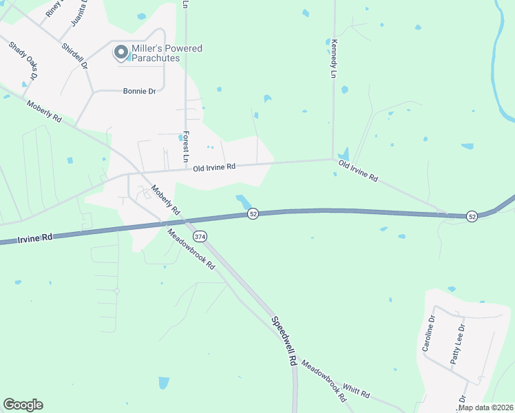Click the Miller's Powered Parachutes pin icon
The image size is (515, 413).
(x=121, y=52)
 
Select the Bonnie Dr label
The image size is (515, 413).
(x=139, y=91)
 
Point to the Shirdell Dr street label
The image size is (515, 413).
(x=74, y=56)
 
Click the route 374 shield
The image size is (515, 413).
(x=200, y=236)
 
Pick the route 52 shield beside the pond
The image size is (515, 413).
(x=253, y=214)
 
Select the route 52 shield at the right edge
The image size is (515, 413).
(x=472, y=216)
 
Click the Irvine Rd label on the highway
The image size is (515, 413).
(x=36, y=238)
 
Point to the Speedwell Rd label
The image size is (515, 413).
(x=284, y=340)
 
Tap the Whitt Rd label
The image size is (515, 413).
(x=357, y=392)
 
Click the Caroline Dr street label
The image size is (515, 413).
(x=428, y=334)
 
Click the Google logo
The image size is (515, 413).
(x=23, y=405)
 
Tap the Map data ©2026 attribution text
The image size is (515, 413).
(x=485, y=407)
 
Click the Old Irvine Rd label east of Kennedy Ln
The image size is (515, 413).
(x=358, y=171)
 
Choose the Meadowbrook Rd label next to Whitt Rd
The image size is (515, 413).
(x=323, y=379)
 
